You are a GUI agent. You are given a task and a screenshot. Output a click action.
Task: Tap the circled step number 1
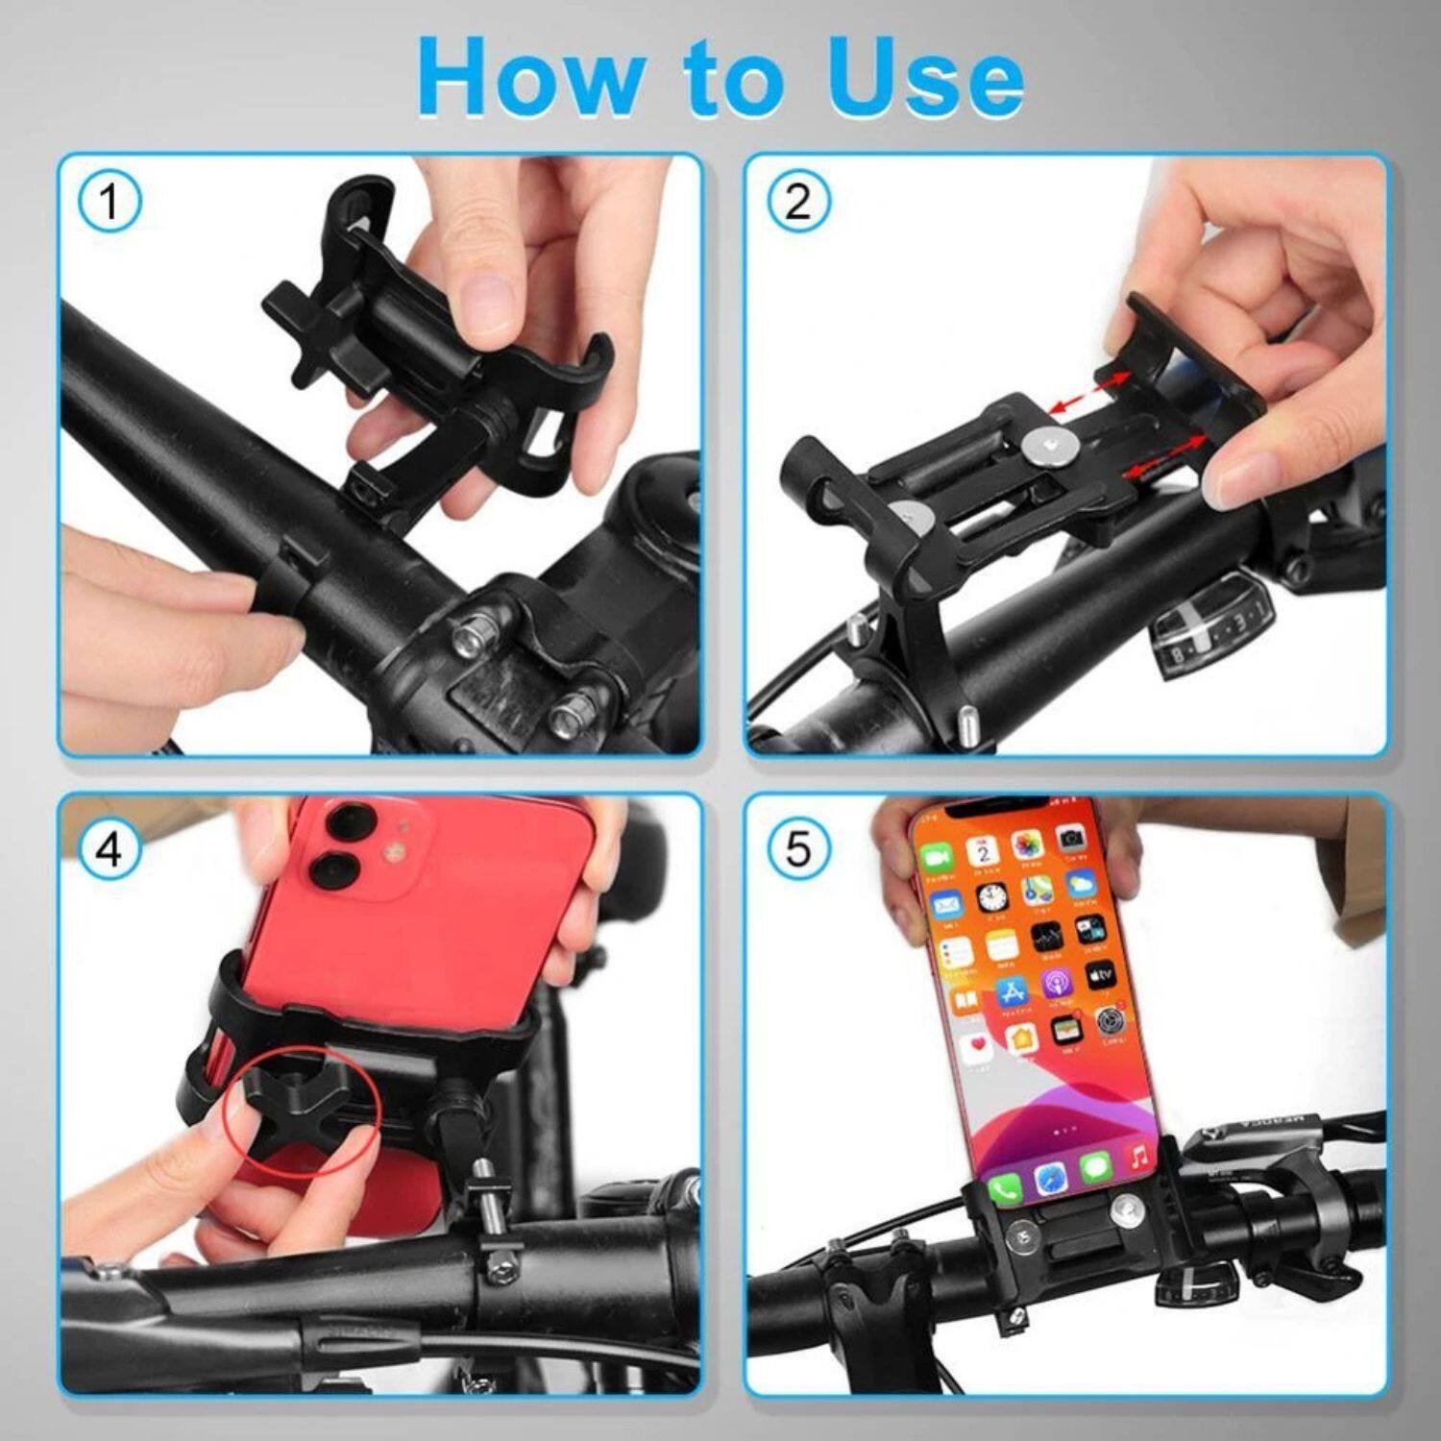click(x=109, y=203)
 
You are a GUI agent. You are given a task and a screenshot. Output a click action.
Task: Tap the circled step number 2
click(x=797, y=203)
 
